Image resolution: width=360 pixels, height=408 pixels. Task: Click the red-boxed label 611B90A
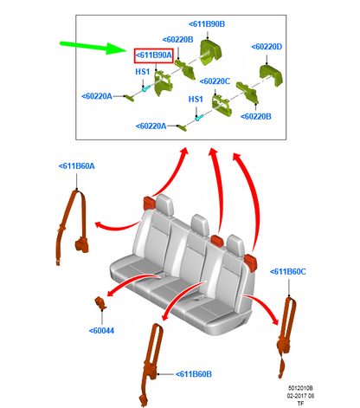click(154, 55)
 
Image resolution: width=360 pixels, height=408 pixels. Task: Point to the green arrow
click(93, 48)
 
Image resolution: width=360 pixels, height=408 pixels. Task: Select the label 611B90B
click(207, 24)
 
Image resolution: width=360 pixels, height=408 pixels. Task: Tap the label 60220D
click(267, 47)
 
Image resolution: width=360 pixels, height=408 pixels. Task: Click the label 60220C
click(215, 81)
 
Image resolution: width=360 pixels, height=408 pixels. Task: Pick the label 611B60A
click(76, 166)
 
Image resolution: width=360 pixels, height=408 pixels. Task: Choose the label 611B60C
click(287, 272)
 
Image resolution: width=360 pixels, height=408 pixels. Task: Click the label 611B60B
click(194, 374)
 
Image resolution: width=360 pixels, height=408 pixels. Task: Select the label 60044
click(101, 331)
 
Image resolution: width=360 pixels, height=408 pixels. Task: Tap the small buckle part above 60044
click(100, 303)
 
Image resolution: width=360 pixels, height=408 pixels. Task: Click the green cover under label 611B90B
click(211, 52)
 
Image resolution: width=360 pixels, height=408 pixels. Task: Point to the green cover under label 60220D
click(271, 75)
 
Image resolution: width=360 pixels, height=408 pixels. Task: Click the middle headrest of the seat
click(200, 224)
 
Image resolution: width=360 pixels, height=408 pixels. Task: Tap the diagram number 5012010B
click(300, 388)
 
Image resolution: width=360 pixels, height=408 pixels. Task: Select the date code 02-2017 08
click(300, 396)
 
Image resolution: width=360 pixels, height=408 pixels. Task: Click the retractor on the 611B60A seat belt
click(81, 245)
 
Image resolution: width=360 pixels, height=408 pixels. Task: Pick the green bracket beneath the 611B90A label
click(163, 83)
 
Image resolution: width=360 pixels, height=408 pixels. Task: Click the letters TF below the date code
click(300, 404)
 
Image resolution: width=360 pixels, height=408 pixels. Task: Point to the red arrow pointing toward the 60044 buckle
click(132, 282)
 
